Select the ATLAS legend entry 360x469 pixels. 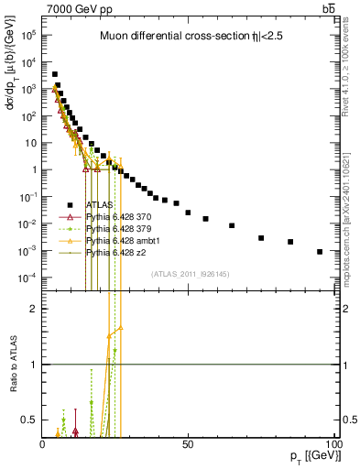(99, 205)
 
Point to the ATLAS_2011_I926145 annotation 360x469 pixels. (189, 273)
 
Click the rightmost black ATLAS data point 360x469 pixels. (320, 251)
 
